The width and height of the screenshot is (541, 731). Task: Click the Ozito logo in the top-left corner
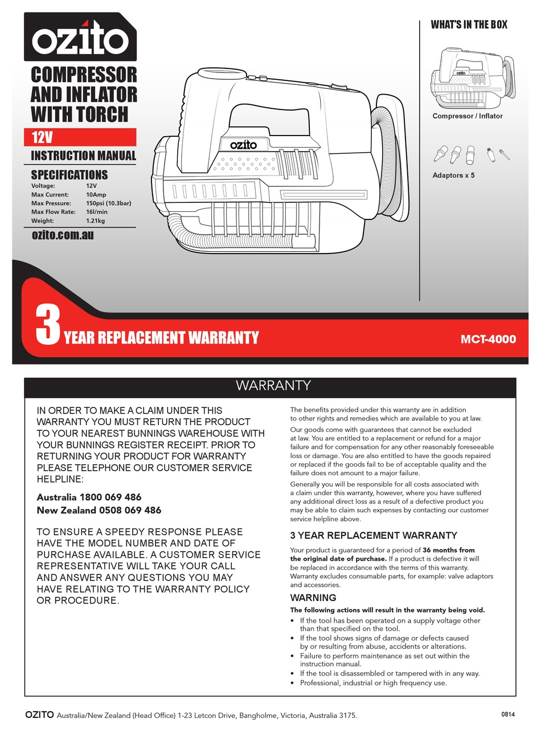tap(80, 38)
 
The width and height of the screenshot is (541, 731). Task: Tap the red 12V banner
tap(80, 137)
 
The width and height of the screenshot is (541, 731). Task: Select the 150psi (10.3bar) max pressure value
tap(109, 203)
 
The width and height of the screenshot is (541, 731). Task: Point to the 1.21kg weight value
tap(95, 220)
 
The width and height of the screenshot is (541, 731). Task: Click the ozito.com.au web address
tap(63, 235)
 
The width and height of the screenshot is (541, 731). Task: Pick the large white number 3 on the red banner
tap(47, 325)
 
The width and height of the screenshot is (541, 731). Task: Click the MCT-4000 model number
tap(488, 340)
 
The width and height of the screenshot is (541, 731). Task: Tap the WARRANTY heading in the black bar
tap(273, 386)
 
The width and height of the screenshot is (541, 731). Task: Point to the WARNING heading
tap(313, 598)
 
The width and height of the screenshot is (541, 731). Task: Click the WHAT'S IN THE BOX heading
tap(469, 24)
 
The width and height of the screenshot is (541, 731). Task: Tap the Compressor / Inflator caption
tap(468, 116)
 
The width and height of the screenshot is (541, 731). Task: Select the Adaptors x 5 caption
tap(453, 175)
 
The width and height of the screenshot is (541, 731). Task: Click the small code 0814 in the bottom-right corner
tap(508, 714)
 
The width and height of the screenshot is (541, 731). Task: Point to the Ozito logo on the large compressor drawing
tap(243, 145)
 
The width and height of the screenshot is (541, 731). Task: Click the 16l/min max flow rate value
tap(97, 212)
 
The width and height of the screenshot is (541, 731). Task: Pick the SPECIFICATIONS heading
tap(69, 175)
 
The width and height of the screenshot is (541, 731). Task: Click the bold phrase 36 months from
tap(449, 550)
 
